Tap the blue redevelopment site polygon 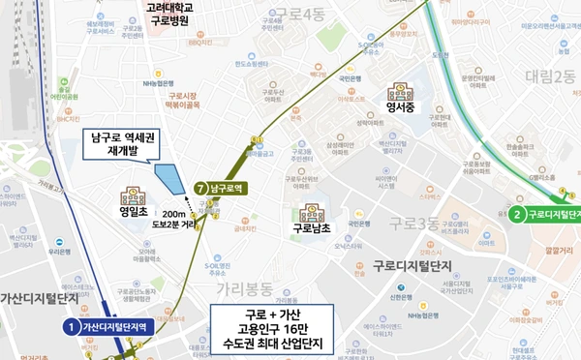tap(169, 180)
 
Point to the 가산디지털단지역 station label tap(115, 327)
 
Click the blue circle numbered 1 tap(70, 327)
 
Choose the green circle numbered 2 tap(518, 214)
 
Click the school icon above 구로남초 tap(314, 211)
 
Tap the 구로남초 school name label tap(313, 229)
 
